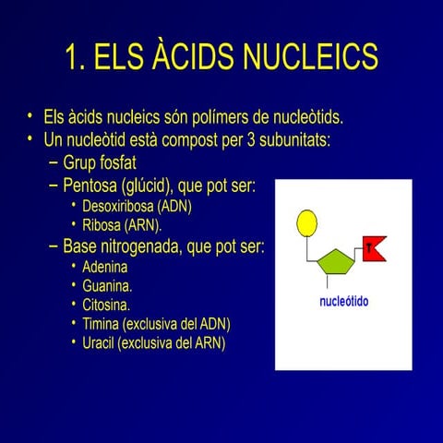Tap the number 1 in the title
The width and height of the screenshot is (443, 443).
point(72,57)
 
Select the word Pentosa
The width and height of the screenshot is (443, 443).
point(91,186)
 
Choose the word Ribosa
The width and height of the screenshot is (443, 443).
point(102,224)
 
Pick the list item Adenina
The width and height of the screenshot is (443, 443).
point(107,267)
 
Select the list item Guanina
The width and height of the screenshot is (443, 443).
point(107,285)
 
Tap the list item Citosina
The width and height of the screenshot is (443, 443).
point(106,304)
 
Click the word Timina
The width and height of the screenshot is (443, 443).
point(101,323)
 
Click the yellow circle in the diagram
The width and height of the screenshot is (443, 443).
point(306,221)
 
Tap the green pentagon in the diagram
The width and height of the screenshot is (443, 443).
point(335,264)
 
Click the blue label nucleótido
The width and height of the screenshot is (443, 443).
point(343,302)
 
